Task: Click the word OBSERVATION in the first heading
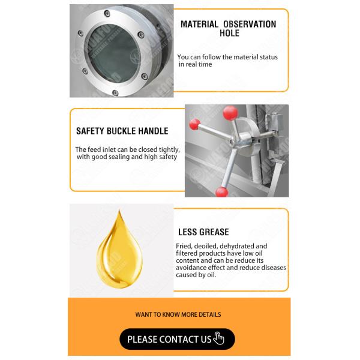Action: point(250,24)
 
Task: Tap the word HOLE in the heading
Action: point(229,33)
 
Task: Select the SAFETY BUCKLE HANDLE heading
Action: point(122,131)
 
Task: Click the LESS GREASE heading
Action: point(203,232)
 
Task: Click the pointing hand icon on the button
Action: point(218,338)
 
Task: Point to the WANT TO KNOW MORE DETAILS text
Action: point(178,314)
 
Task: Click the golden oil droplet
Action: point(119,250)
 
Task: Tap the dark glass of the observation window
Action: point(113,54)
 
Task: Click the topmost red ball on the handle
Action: point(230,113)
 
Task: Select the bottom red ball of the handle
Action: point(222,192)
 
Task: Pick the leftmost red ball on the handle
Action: point(194,124)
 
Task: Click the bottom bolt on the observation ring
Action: point(115,93)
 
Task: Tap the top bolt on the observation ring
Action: point(107,13)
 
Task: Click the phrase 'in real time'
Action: point(195,64)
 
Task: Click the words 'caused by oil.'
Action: point(196,275)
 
